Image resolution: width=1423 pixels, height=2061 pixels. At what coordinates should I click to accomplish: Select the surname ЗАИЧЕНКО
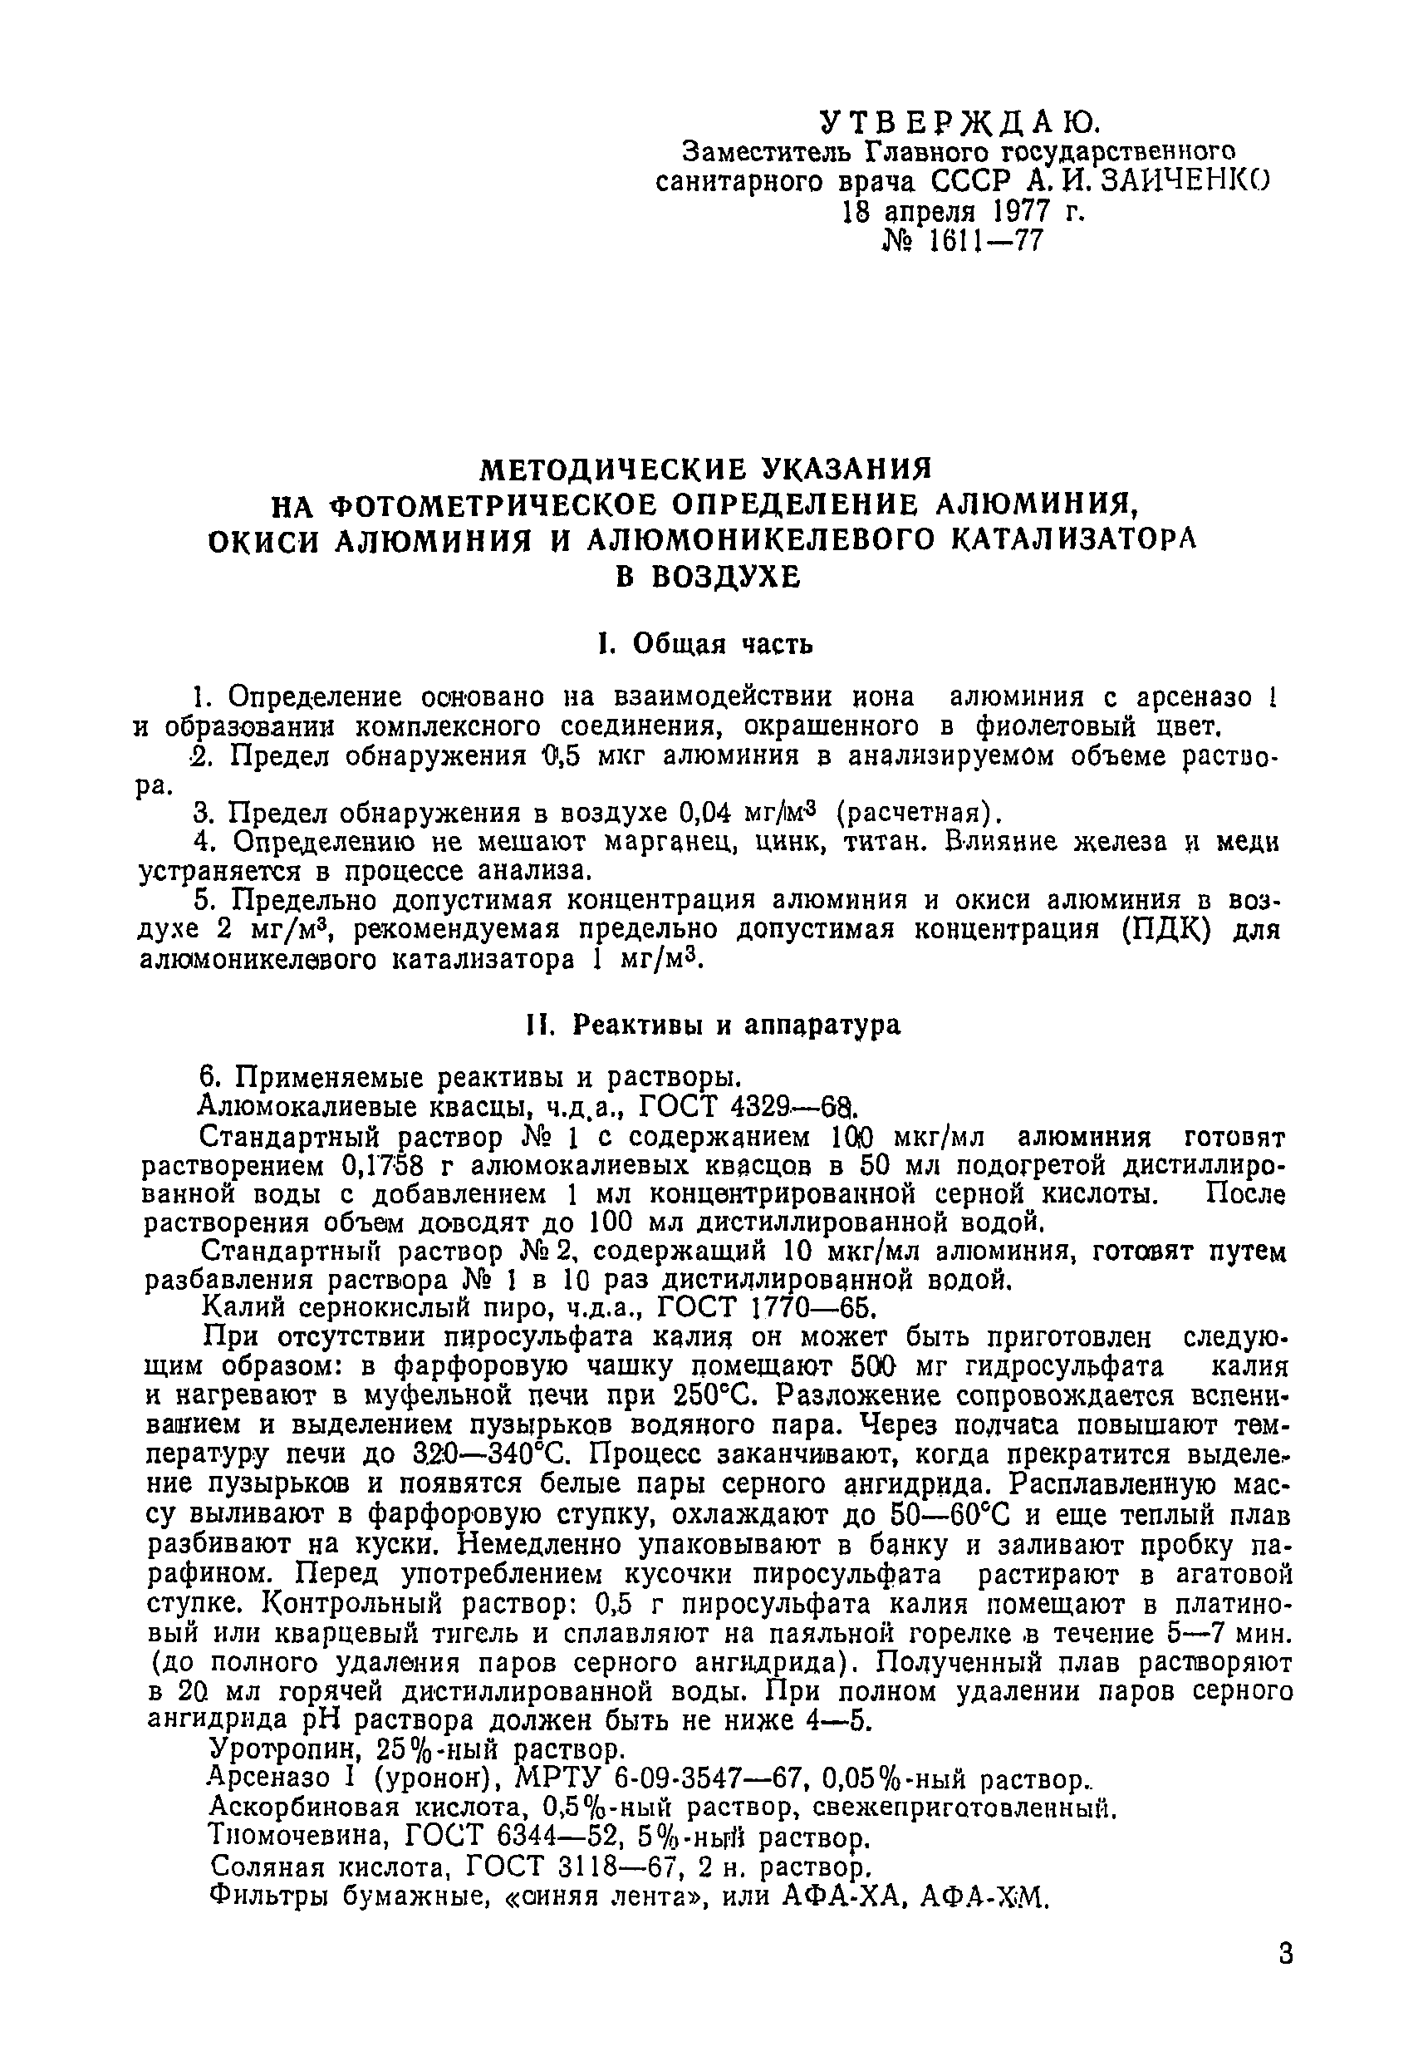click(1186, 181)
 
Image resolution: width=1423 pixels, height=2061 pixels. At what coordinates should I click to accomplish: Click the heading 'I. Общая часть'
click(705, 644)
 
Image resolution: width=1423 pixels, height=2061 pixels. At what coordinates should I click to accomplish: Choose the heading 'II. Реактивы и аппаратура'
click(713, 1026)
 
